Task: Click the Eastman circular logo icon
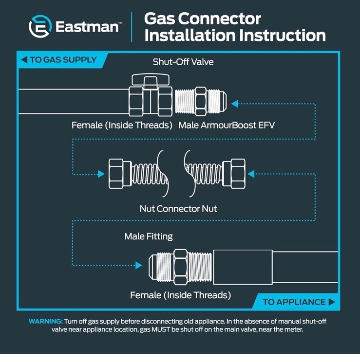click(x=40, y=26)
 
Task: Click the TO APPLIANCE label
click(x=294, y=302)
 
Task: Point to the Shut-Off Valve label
click(x=183, y=62)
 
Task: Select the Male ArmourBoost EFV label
click(x=227, y=126)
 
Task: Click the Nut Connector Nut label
click(x=178, y=209)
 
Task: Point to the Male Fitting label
click(x=149, y=236)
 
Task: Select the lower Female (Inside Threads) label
click(x=180, y=295)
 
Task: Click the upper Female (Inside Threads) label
click(x=122, y=126)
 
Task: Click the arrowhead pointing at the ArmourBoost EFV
click(x=235, y=103)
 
